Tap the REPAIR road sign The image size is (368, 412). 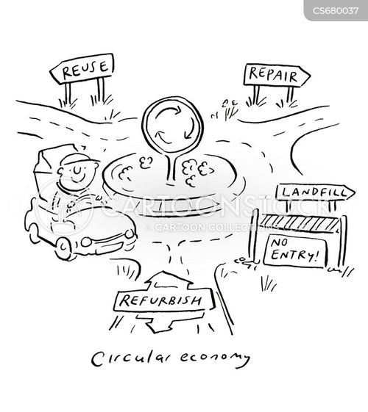[x=277, y=75]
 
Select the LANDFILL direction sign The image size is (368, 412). [x=315, y=192]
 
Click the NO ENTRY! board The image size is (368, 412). [x=295, y=250]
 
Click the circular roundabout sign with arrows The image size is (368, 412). [x=172, y=126]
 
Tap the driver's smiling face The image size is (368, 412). [x=77, y=174]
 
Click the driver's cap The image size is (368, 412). [x=79, y=159]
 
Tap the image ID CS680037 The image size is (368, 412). [x=336, y=11]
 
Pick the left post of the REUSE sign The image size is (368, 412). [x=68, y=94]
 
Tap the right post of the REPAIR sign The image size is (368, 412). [x=290, y=94]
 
